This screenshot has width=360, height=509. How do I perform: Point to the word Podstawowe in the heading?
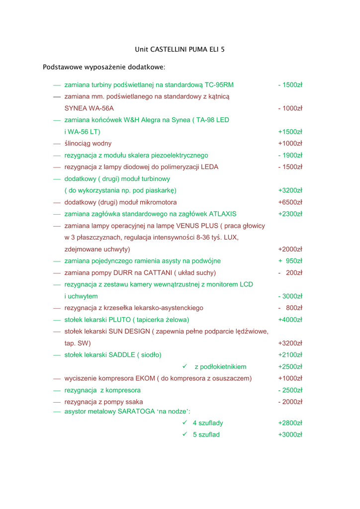tap(62, 67)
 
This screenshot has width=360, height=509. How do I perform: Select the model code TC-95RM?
tap(219, 85)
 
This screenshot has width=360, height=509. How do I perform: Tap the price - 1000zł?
tap(290, 108)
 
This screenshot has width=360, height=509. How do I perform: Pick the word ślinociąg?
tap(78, 144)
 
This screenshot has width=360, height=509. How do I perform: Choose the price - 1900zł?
tap(290, 156)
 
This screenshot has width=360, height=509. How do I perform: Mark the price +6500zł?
tap(290, 202)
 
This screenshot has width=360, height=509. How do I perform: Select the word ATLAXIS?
tap(222, 214)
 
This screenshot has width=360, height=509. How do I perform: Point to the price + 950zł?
tap(290, 261)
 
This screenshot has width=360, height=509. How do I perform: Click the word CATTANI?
tap(158, 273)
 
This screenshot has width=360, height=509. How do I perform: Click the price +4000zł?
tap(290, 320)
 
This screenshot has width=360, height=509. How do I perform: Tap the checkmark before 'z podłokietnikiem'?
tap(184, 366)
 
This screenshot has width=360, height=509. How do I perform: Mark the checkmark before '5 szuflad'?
tap(184, 434)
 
